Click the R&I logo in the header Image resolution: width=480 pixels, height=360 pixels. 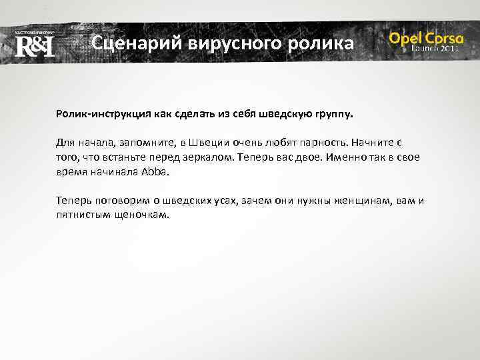click(34, 45)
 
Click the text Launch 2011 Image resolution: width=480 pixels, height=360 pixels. click(435, 49)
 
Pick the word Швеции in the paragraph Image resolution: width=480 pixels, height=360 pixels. click(211, 143)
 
